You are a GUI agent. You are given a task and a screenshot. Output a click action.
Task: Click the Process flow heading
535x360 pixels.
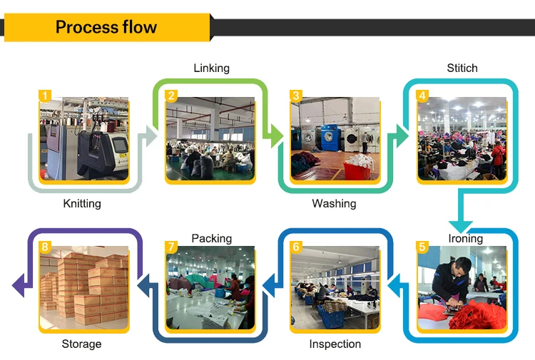coord(106,28)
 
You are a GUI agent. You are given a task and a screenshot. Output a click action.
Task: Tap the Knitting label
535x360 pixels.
coord(82,204)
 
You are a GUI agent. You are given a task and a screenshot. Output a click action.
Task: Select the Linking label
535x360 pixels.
coord(211,68)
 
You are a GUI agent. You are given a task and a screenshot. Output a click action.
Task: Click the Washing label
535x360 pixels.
coord(334,204)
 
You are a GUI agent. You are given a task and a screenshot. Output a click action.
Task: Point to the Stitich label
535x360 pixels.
coord(462,68)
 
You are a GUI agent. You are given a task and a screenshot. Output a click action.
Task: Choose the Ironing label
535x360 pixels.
coord(465,238)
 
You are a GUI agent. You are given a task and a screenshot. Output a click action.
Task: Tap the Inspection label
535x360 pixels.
coord(335,344)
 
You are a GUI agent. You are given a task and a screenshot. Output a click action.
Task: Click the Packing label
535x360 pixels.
coord(211,238)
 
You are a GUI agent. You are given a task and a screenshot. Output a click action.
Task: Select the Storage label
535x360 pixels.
coord(81,344)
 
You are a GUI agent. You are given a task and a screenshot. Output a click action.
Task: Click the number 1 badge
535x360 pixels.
coord(45,96)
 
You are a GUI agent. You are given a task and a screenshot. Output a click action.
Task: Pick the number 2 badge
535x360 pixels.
coord(171,96)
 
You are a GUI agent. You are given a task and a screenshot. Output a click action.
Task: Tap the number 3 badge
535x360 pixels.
coord(296,96)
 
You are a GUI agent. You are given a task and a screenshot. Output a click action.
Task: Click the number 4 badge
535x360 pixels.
coord(422,96)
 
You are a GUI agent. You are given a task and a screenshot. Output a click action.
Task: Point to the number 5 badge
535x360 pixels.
coord(422,247)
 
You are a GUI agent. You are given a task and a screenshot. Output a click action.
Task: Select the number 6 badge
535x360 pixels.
coord(296,247)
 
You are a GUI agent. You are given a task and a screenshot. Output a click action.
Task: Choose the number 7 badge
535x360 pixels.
coord(171,247)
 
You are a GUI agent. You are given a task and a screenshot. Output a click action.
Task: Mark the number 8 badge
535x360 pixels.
coord(45,247)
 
